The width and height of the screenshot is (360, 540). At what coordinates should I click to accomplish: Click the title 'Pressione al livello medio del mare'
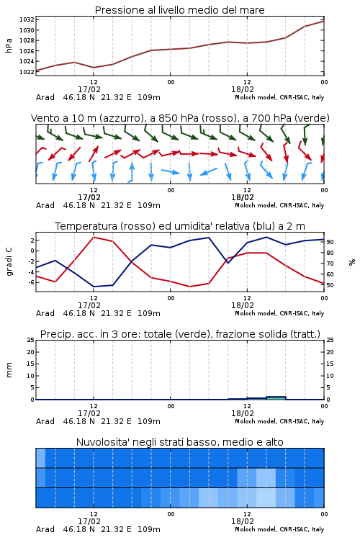(179, 10)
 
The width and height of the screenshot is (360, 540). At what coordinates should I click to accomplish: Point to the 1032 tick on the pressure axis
(27, 19)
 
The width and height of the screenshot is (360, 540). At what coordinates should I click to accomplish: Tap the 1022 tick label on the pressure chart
(27, 71)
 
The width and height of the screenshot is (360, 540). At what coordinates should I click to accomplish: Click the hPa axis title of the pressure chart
(9, 45)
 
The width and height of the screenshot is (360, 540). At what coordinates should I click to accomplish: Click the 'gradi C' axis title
(9, 262)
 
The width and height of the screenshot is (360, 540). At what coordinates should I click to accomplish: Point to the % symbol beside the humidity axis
(352, 262)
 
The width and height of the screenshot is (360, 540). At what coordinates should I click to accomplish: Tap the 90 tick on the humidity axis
(330, 242)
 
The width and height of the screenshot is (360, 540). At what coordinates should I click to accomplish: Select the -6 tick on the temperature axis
(31, 282)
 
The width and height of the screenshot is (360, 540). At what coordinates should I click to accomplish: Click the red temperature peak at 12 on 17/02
(94, 238)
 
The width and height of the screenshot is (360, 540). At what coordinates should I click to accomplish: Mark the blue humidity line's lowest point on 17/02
(94, 287)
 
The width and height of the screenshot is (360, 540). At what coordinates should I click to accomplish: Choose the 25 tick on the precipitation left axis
(31, 340)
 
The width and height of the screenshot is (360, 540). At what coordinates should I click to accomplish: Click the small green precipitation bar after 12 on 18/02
(276, 398)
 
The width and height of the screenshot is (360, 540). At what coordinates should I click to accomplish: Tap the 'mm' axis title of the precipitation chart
(9, 370)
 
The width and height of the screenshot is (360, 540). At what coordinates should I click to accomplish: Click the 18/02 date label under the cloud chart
(243, 521)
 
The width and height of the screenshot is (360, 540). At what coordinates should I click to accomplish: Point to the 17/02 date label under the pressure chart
(89, 89)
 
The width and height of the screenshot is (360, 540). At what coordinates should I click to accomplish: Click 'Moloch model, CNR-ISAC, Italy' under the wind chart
(279, 205)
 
